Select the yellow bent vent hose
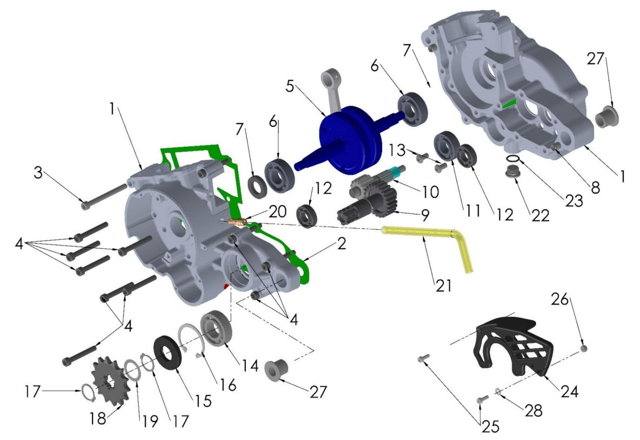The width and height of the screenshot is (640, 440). tap(428, 232)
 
